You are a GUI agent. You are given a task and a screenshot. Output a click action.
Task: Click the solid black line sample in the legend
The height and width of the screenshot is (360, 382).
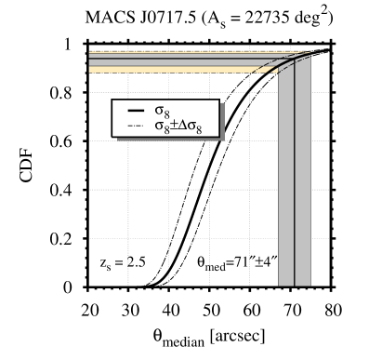[x=135, y=112]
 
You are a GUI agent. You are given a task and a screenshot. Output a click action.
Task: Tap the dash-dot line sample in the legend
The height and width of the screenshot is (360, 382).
[x=135, y=127]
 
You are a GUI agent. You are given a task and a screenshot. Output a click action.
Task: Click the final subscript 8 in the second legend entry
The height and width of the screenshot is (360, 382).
[x=198, y=129]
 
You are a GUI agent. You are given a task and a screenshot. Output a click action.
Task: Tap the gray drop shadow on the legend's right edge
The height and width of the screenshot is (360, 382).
[x=221, y=121]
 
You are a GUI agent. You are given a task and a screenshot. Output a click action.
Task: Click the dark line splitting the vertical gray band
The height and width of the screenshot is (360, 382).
[x=295, y=186]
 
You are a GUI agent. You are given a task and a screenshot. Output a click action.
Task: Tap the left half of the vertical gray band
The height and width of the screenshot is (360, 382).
[x=286, y=186]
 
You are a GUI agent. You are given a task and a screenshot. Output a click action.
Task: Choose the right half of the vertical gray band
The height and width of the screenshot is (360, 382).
[x=303, y=186]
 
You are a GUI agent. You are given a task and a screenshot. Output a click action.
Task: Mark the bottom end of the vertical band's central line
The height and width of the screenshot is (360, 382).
[x=295, y=285]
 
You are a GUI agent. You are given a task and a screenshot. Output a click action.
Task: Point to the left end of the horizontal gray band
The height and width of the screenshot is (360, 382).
[x=91, y=61]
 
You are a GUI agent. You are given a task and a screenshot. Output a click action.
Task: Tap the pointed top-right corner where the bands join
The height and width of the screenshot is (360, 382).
[x=309, y=53]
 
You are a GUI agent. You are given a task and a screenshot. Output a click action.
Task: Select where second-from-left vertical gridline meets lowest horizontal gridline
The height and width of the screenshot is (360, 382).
[x=168, y=238]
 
